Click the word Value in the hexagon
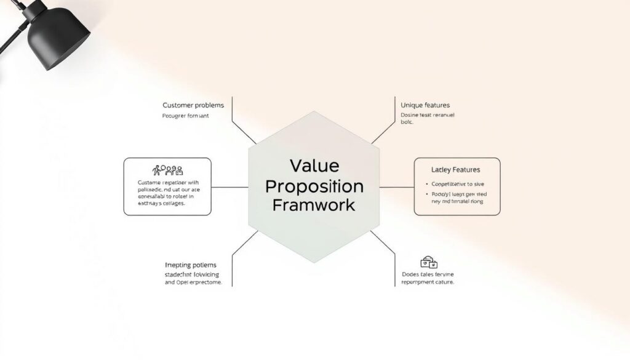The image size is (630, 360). (x=314, y=166)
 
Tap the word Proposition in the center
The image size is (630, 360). (x=314, y=185)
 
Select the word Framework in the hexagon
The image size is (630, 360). (x=314, y=204)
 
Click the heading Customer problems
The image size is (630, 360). (x=193, y=105)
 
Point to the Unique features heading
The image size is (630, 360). (x=425, y=105)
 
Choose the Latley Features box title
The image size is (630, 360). (x=456, y=169)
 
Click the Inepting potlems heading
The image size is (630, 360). (x=191, y=265)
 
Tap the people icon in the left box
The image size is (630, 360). (x=167, y=170)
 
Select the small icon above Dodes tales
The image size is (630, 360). (x=429, y=262)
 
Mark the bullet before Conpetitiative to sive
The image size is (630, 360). (x=426, y=184)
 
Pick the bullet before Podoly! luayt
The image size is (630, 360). (x=426, y=194)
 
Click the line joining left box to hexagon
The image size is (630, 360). (x=229, y=186)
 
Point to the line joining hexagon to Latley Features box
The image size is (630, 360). (x=397, y=186)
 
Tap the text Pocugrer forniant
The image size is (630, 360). (x=186, y=116)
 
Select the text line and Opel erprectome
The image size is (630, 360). (x=193, y=282)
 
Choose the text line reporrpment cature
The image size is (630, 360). (x=428, y=282)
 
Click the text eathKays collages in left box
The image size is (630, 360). (x=161, y=203)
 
